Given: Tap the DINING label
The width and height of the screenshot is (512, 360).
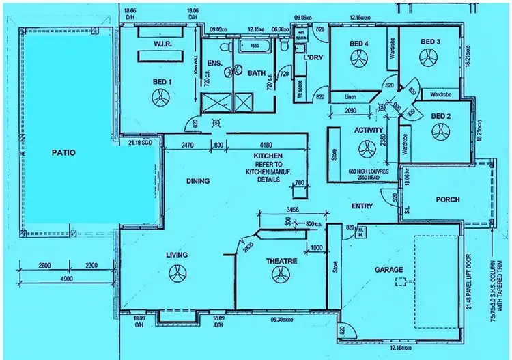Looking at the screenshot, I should [x=198, y=181].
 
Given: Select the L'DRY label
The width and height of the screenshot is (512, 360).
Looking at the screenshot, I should [x=313, y=57].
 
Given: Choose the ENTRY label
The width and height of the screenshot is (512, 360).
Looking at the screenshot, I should [x=361, y=206].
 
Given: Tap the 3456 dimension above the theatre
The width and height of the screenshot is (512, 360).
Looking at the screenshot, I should [x=294, y=209].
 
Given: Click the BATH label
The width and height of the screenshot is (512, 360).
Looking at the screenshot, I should [x=256, y=73].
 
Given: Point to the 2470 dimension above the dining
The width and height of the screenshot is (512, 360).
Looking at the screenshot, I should [x=189, y=145].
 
